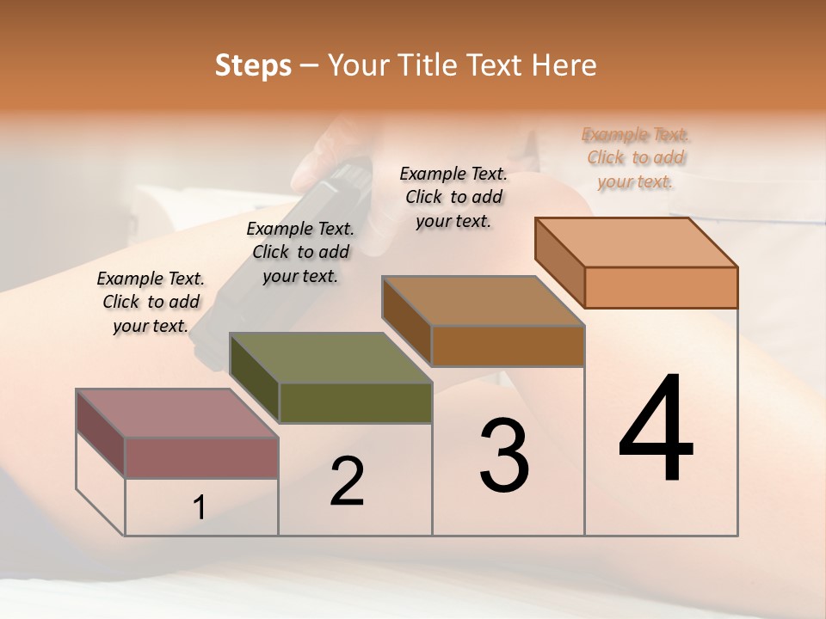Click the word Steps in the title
tap(253, 65)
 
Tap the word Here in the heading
tap(564, 65)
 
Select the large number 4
tap(656, 430)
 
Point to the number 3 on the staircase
tap(504, 456)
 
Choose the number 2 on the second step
tap(348, 481)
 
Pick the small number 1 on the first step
tap(200, 508)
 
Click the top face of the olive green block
tap(330, 358)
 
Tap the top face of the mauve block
tap(177, 414)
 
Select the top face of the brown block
tap(484, 301)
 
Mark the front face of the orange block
tap(661, 287)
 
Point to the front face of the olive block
tap(355, 402)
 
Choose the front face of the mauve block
tap(201, 457)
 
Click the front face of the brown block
tap(508, 346)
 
